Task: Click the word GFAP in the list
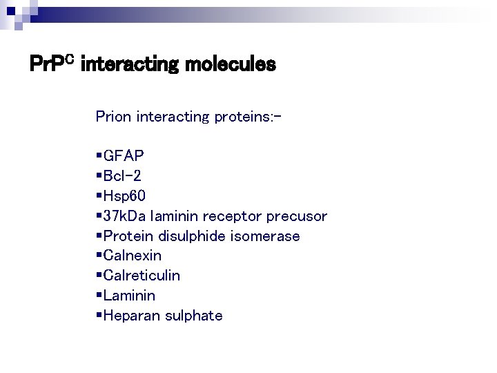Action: [x=124, y=156]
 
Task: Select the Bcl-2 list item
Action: [x=123, y=176]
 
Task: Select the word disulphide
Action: [x=191, y=236]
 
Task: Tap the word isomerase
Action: [x=265, y=236]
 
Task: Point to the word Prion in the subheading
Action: [x=114, y=116]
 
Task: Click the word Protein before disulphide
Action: [x=128, y=236]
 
